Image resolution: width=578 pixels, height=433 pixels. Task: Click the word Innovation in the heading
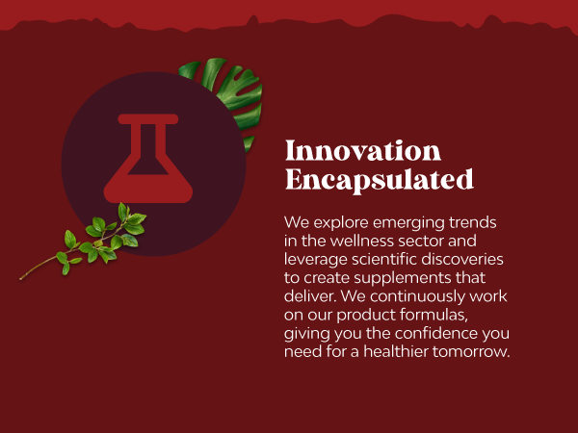[363, 150]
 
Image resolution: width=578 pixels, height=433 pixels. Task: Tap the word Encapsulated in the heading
[380, 180]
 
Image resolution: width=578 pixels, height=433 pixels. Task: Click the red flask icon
[148, 159]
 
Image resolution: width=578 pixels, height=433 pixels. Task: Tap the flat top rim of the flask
[148, 119]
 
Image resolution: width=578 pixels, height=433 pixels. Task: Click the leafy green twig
[89, 242]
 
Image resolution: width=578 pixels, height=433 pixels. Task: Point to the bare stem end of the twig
[21, 278]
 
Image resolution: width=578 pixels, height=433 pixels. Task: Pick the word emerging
[408, 223]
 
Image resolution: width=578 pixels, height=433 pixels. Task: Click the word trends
[473, 222]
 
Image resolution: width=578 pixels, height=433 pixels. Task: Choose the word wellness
[362, 241]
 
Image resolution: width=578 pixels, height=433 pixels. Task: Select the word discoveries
[462, 259]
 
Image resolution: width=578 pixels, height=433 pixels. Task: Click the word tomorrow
[471, 351]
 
